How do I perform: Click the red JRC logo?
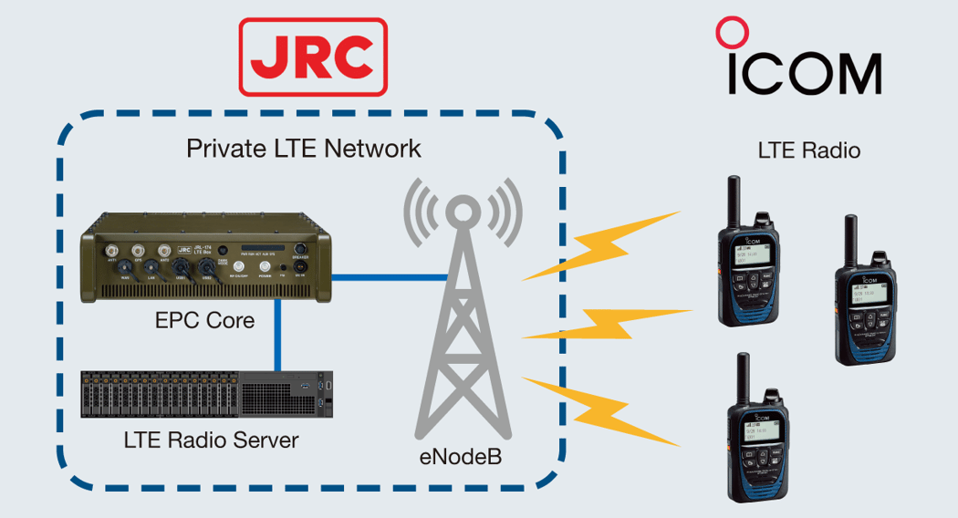313,57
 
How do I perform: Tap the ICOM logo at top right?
803,64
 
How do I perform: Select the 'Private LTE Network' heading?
304,149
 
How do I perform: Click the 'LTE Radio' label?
808,150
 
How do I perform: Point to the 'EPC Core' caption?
204,321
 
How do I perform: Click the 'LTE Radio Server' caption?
211,440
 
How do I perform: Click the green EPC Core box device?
208,261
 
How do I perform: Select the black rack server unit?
209,394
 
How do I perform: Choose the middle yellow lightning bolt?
606,323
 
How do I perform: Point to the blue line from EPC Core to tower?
388,275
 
